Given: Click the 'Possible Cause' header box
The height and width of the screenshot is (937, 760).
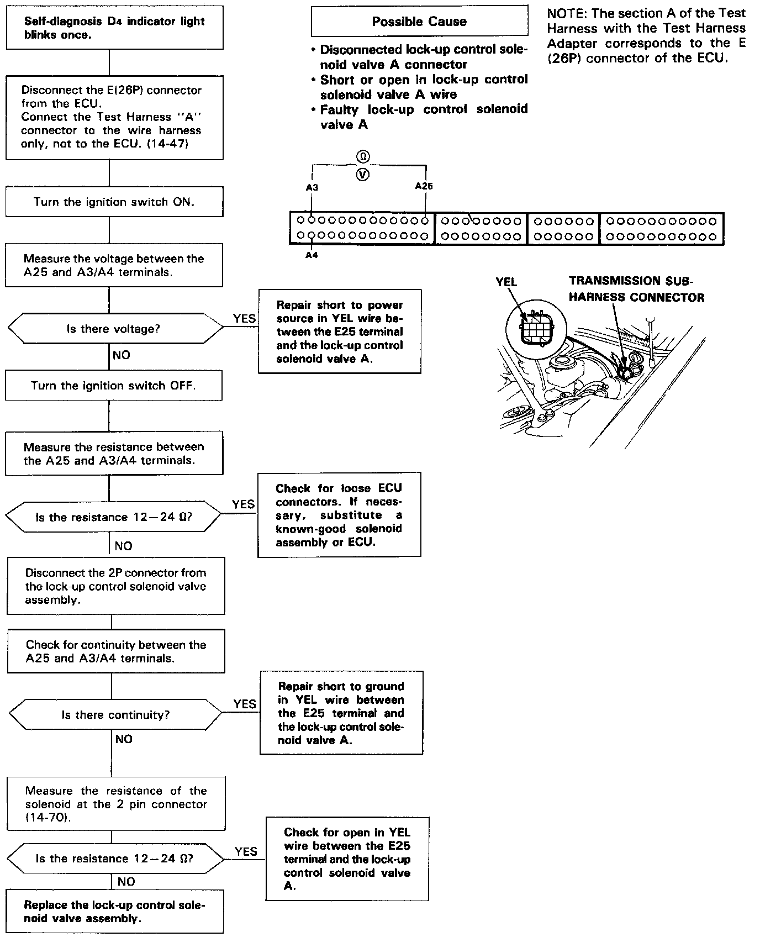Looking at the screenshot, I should (419, 22).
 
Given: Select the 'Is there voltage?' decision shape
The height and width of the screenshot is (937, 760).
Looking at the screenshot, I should (114, 329).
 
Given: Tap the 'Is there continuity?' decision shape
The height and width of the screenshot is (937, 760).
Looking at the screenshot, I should (115, 714).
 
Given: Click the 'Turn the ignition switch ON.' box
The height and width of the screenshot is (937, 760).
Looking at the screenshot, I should (114, 202).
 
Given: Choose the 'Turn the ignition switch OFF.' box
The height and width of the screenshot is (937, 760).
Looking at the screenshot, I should (113, 386).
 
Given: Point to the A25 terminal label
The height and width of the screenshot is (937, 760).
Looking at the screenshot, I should (424, 186).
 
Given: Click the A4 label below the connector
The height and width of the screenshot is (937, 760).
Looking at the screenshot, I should (312, 255).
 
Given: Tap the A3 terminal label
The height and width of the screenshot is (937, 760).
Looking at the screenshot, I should (312, 187).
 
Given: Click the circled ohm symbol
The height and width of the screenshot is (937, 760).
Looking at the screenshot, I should (363, 157).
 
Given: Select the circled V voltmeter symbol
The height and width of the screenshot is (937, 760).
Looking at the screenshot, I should (363, 175).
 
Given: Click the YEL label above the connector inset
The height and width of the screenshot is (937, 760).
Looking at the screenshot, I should (506, 282).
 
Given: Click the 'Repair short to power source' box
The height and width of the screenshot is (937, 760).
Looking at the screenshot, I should (340, 331).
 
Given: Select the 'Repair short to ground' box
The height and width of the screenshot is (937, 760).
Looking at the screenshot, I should (341, 713).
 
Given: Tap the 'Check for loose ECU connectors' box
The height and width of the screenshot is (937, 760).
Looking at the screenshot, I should (339, 515).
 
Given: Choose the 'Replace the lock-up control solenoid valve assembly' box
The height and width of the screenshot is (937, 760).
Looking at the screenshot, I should (114, 912).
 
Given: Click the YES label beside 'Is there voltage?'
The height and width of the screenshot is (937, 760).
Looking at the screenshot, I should (244, 318).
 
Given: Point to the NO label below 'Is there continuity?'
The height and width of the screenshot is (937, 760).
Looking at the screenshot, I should (124, 739).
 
